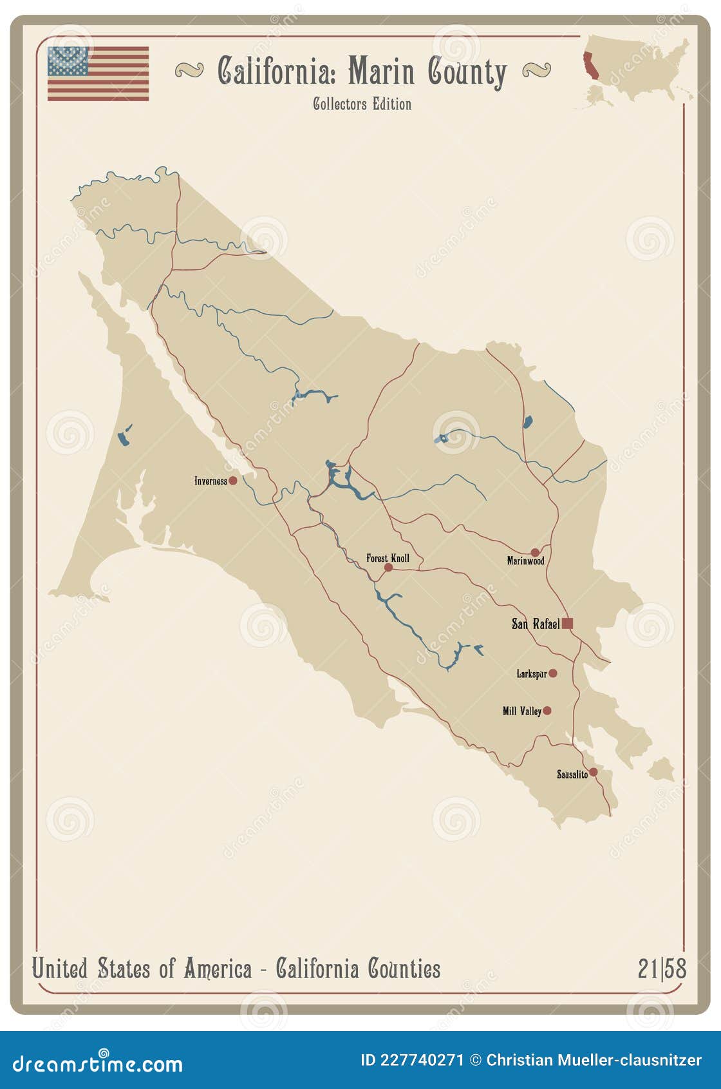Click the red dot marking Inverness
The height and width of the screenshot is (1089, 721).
(233, 481)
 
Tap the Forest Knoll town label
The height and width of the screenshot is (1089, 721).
(388, 558)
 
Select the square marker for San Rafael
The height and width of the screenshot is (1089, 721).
(567, 623)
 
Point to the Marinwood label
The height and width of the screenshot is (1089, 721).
(525, 561)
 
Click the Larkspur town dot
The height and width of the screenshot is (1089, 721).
(552, 673)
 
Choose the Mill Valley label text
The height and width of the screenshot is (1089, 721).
(521, 711)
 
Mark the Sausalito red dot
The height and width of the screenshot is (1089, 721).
(593, 772)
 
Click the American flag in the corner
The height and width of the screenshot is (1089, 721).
(98, 73)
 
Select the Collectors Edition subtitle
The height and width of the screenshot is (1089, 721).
(362, 104)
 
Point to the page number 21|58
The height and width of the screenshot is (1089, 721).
(662, 969)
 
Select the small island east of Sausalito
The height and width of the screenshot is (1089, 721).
(660, 769)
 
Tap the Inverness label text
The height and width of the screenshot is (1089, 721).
(211, 481)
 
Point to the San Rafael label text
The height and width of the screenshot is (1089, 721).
(535, 623)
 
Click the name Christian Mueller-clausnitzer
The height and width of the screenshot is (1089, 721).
(594, 1060)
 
